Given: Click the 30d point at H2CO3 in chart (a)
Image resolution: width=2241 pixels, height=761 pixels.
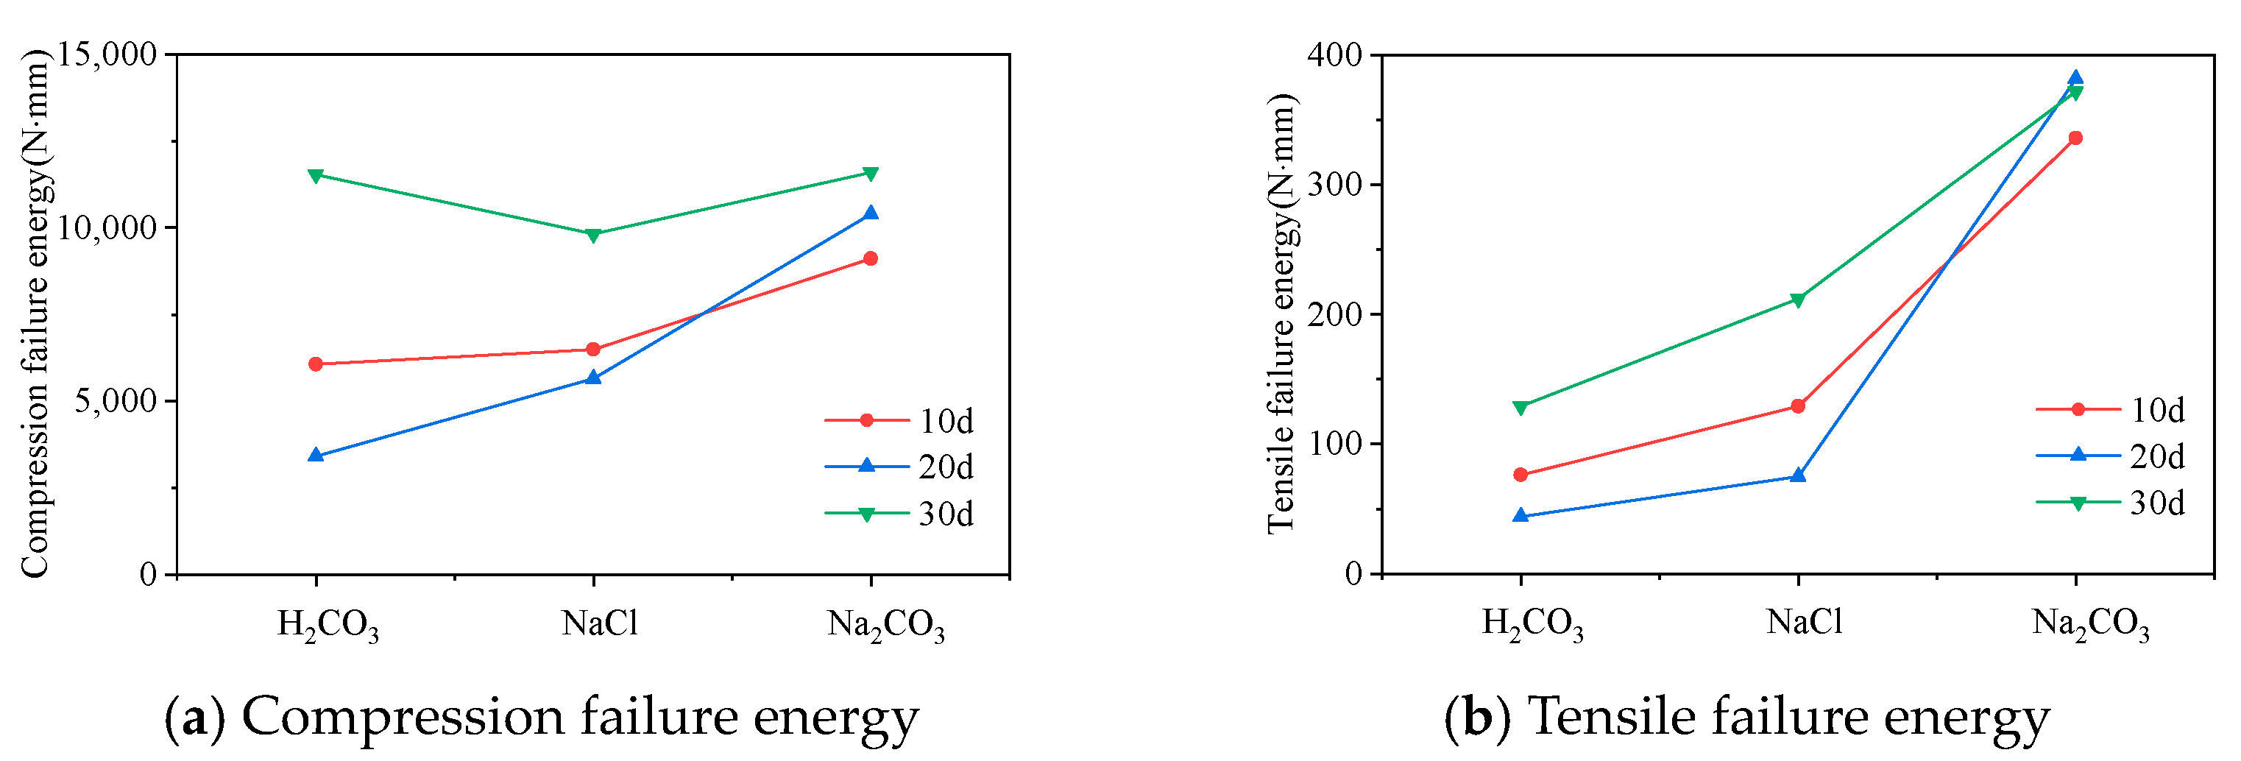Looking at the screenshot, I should click(316, 176).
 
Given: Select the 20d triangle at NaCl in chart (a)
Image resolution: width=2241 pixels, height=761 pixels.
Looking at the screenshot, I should click(593, 378).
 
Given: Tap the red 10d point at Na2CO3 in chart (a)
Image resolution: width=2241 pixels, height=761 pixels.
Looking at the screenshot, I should click(871, 258).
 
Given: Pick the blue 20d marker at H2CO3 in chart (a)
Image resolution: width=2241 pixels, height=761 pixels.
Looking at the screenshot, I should click(316, 455).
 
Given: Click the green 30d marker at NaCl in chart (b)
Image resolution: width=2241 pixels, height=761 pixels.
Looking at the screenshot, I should click(1798, 300).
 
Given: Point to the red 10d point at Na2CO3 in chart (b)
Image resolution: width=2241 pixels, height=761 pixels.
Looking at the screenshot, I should click(2075, 138).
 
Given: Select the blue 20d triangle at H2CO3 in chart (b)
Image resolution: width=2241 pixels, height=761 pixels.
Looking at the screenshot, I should click(1520, 516).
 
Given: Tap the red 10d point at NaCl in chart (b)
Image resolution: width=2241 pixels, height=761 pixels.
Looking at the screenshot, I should click(1798, 406).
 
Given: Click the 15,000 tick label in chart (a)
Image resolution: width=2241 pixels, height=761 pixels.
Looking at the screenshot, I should click(107, 54).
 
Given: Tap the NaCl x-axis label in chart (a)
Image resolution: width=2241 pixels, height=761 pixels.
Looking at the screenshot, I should click(601, 623).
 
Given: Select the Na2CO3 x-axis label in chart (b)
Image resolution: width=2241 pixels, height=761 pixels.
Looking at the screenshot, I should click(2091, 623).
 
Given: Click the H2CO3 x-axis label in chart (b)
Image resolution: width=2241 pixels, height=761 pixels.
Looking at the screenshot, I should click(1533, 623).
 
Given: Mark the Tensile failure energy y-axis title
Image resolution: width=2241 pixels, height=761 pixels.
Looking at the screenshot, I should click(1281, 313).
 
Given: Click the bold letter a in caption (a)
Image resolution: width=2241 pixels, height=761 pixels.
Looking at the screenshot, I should click(195, 718).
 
